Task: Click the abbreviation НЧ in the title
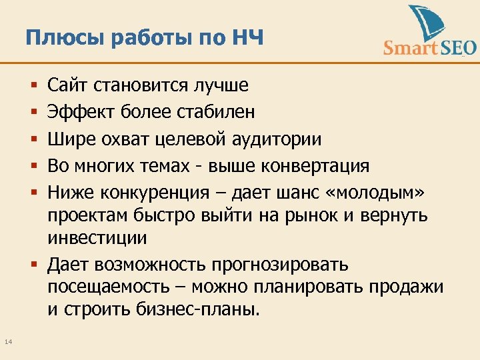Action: click(248, 38)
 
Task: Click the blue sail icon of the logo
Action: click(426, 23)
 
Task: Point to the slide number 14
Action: click(8, 342)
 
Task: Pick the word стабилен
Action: click(215, 111)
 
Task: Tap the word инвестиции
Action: click(97, 237)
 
